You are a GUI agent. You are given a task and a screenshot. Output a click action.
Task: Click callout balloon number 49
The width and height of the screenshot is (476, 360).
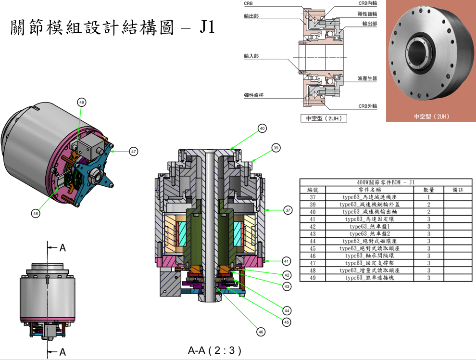click(81, 102)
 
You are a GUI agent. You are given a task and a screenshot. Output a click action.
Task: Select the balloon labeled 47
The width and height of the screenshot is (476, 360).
click(133, 151)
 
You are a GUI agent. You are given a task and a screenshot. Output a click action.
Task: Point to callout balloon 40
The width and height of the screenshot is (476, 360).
click(262, 129)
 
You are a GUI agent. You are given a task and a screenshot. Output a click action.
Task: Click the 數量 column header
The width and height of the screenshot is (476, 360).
click(428, 190)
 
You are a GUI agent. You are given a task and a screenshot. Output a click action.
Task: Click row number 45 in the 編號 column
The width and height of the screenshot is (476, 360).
click(313, 248)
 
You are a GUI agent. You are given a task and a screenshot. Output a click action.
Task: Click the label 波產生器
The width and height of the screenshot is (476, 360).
click(367, 78)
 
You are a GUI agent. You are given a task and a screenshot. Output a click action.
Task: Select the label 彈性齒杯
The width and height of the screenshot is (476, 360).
click(253, 95)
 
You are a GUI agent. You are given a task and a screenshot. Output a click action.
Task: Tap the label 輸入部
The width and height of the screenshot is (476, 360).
click(251, 56)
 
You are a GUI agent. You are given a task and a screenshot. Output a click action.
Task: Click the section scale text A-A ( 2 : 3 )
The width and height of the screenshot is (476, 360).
click(214, 350)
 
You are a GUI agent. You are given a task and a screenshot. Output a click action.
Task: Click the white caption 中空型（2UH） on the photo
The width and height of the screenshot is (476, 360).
click(431, 116)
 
